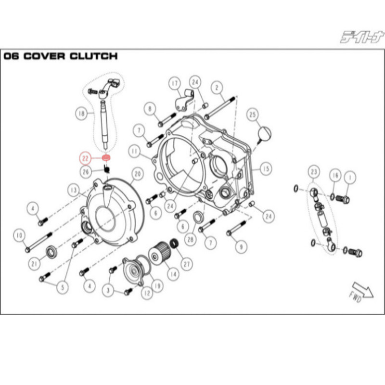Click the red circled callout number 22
pyautogui.click(x=85, y=157)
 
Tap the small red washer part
pyautogui.click(x=107, y=158)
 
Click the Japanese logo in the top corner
pyautogui.click(x=361, y=37)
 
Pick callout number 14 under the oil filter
pyautogui.click(x=171, y=275)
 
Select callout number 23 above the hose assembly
pyautogui.click(x=314, y=172)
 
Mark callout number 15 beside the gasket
pyautogui.click(x=266, y=169)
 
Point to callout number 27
pyautogui.click(x=186, y=263)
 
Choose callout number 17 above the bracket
pyautogui.click(x=174, y=83)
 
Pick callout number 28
pyautogui.click(x=190, y=238)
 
